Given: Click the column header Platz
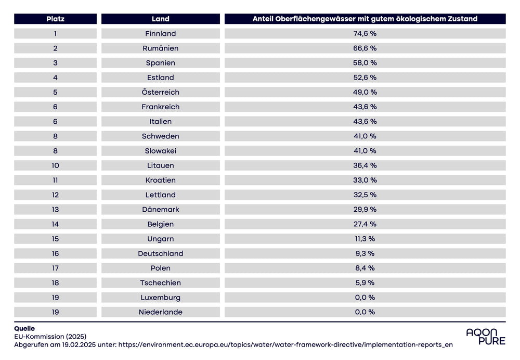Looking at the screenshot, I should pos(55,19).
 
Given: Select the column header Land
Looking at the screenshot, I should pos(160,19).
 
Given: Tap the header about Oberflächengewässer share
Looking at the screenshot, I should pos(365,19).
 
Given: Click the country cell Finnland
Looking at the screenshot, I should pos(160,33).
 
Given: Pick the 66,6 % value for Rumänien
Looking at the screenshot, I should pos(365,48).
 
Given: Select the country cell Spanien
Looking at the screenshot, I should pos(160,63).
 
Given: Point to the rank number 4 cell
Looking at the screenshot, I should pos(55,78).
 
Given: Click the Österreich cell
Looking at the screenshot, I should pos(160,92).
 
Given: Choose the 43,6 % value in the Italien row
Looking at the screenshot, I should pos(365,121).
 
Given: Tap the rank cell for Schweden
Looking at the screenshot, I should pos(55,136).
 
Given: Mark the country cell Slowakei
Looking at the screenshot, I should pos(160,151).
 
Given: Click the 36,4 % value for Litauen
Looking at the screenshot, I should pos(365,165).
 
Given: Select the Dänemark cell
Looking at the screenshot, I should pos(160,210).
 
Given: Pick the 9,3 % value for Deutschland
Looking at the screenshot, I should pos(365,253).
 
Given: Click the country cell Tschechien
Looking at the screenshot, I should pos(160,283).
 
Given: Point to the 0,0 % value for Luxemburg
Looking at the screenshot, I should pos(365,298).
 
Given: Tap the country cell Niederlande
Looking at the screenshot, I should pos(160,312).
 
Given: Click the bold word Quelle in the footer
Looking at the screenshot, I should pos(24,328).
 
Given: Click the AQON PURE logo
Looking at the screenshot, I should pos(485,337).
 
